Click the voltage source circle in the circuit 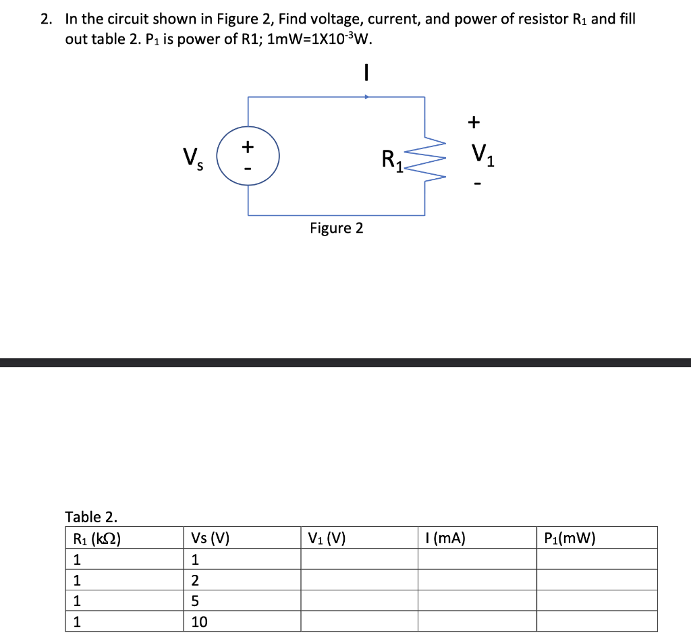248,157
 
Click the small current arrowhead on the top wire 366,97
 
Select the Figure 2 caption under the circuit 336,228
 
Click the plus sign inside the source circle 248,146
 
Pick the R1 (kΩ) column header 96,538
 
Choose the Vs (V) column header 211,538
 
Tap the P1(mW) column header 570,538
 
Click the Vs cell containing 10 200,621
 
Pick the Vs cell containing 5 195,601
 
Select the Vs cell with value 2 195,580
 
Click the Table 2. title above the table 90,518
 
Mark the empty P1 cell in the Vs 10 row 597,621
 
